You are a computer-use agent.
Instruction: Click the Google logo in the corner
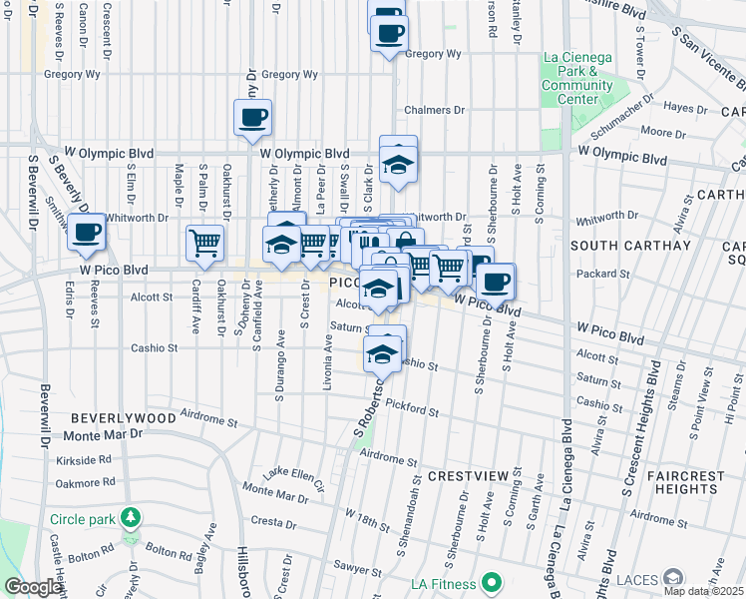tap(33, 587)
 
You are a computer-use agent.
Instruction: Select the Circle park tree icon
tap(129, 518)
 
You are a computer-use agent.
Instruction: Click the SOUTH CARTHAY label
tap(615, 245)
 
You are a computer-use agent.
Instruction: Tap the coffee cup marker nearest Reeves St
tap(86, 234)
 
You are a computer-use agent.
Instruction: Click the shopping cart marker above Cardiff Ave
tap(204, 242)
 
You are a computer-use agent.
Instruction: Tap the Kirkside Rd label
tap(85, 460)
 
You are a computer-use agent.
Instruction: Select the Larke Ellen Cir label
tap(294, 478)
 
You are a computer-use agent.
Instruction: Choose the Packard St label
tap(597, 272)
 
